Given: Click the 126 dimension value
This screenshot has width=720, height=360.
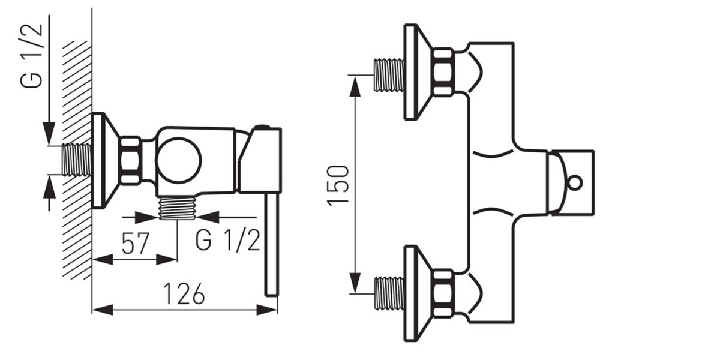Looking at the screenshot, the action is tap(184, 293).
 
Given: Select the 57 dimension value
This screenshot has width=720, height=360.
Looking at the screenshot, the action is tap(136, 244).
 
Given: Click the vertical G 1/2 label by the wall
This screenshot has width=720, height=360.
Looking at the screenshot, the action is tap(31, 55).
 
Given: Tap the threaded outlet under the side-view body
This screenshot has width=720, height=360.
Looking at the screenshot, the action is tap(178, 208).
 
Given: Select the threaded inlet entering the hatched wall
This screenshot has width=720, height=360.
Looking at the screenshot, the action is tap(76, 160).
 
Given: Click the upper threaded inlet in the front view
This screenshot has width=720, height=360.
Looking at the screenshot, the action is tap(389, 75).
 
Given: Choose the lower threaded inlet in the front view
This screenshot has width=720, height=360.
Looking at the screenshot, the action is tap(389, 293).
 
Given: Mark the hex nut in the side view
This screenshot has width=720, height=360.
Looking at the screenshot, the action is tap(131, 161).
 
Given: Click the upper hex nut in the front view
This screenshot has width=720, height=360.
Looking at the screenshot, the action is tap(443, 72).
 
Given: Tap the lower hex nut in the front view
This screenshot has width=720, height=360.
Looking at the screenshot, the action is tap(443, 295).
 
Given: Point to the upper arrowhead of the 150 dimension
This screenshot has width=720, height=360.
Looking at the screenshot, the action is tap(355, 86).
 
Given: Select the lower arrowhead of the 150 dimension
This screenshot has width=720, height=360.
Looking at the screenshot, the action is tap(355, 283).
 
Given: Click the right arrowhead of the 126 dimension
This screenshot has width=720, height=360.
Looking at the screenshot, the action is tap(267, 310).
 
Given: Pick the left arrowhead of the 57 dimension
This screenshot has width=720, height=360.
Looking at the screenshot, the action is tap(103, 259).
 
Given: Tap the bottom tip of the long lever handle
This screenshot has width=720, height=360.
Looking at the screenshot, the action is tap(272, 295).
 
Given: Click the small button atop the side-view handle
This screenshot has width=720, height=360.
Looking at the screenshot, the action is tap(263, 127).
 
